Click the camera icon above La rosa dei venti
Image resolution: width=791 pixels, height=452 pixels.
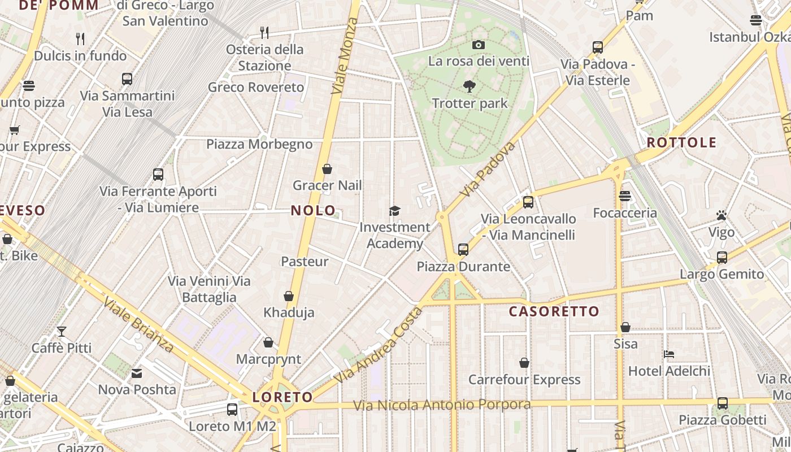pos(478,45)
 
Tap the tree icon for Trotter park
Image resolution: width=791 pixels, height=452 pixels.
pos(469,86)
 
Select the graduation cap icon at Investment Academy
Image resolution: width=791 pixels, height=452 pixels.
pos(394,211)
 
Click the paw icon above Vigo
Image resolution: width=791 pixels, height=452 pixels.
pos(722,215)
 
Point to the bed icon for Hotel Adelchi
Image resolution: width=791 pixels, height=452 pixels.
pos(669,354)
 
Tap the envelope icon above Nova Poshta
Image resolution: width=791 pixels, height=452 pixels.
pos(137,373)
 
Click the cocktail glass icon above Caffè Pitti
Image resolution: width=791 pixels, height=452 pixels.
pos(61,331)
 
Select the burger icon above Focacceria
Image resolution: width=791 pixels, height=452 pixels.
pos(624,196)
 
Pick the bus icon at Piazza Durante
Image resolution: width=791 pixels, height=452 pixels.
pos(463,249)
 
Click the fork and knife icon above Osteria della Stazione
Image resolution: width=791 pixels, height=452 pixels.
pos(264,32)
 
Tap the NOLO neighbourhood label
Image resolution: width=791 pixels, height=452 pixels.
pos(313,211)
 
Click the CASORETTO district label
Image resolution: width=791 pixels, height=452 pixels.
pos(554,311)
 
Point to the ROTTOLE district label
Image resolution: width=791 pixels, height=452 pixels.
pos(681,142)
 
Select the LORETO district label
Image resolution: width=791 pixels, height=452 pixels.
pos(282,397)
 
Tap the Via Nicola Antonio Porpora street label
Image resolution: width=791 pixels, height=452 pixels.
pos(442,405)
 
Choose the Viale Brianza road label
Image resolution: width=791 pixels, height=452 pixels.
pos(139,324)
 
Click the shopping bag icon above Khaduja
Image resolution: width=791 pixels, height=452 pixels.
pos(289,296)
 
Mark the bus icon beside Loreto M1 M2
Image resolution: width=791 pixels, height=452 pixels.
pos(232,410)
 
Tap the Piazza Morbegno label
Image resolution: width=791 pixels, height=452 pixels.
pos(259,144)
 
